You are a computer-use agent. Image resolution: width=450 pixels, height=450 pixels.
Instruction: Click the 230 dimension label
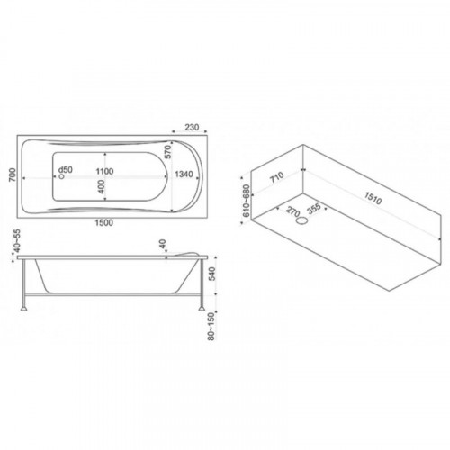click(192, 128)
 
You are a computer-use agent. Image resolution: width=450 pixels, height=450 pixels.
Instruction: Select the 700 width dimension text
click(13, 175)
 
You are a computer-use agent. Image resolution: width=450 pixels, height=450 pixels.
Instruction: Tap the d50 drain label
click(66, 170)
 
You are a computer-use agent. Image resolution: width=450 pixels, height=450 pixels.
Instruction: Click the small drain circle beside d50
click(62, 176)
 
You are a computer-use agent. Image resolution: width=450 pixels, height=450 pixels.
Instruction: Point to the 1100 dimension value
click(104, 172)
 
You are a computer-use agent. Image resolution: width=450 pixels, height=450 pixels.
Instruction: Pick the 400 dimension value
click(101, 186)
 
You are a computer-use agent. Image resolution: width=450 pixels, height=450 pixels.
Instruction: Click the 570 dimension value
click(168, 152)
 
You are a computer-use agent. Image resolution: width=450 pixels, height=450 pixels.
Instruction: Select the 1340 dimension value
click(184, 174)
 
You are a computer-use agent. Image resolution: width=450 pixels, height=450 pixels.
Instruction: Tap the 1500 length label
click(104, 222)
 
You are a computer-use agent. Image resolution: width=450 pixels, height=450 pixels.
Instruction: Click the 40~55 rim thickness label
click(17, 241)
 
